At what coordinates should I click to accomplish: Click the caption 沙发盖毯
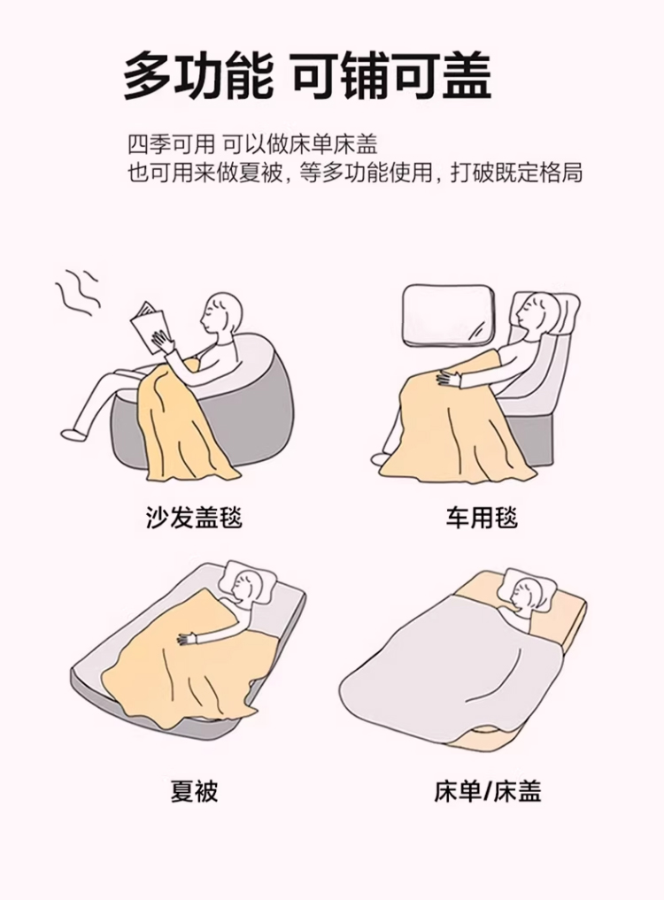pos(194,517)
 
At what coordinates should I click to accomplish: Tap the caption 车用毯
pos(482,517)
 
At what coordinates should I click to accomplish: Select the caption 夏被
pos(194,791)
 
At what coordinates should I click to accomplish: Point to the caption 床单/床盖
pos(488,792)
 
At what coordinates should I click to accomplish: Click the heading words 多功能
pos(198,76)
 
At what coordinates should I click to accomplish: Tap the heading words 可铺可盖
pos(392,75)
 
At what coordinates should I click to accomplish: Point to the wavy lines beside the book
pos(79,291)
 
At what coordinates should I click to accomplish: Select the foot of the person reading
pos(73,434)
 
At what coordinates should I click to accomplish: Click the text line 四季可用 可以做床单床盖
pos(252,143)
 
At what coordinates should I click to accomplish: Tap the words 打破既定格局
pos(516,173)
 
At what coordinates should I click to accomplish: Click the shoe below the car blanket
pos(382,458)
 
